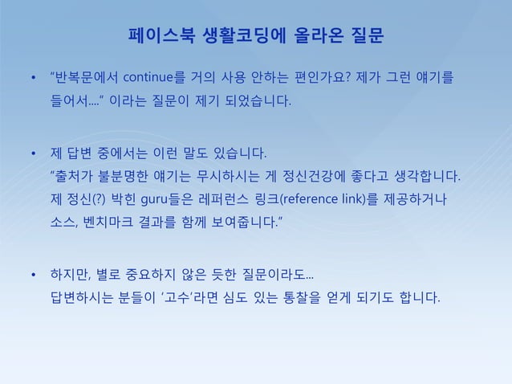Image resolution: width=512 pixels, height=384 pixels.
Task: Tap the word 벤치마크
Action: [118, 221]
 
